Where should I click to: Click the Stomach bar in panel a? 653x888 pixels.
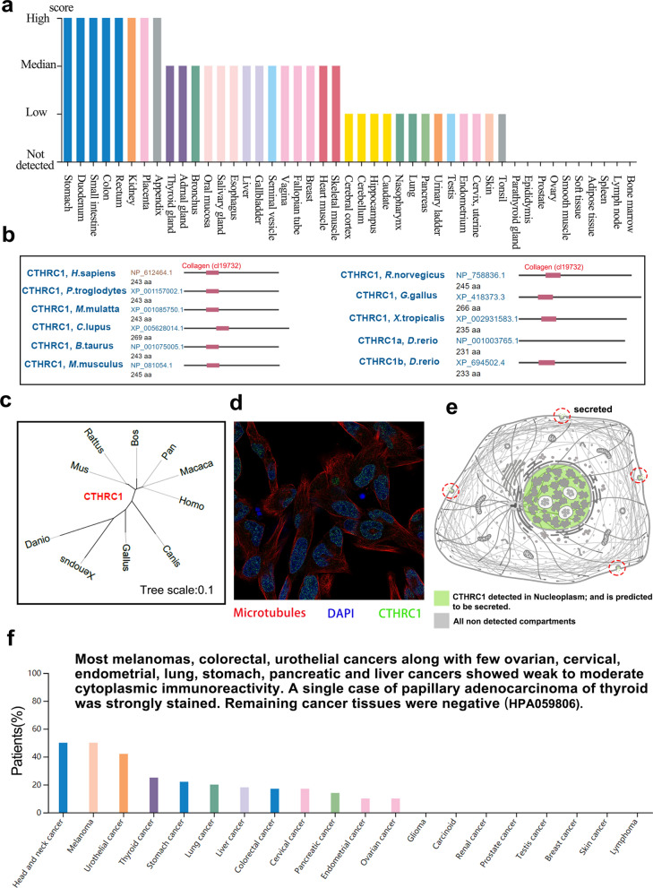pos(67,90)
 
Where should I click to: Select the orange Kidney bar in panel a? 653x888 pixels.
pos(131,90)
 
